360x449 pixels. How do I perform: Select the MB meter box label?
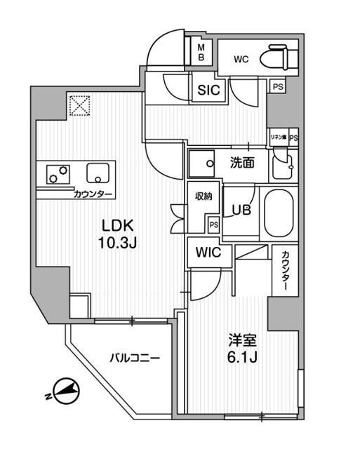[200, 52]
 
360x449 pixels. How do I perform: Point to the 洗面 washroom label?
[242, 163]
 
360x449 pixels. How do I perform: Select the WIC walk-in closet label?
[208, 252]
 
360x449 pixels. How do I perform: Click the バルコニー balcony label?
[134, 358]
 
